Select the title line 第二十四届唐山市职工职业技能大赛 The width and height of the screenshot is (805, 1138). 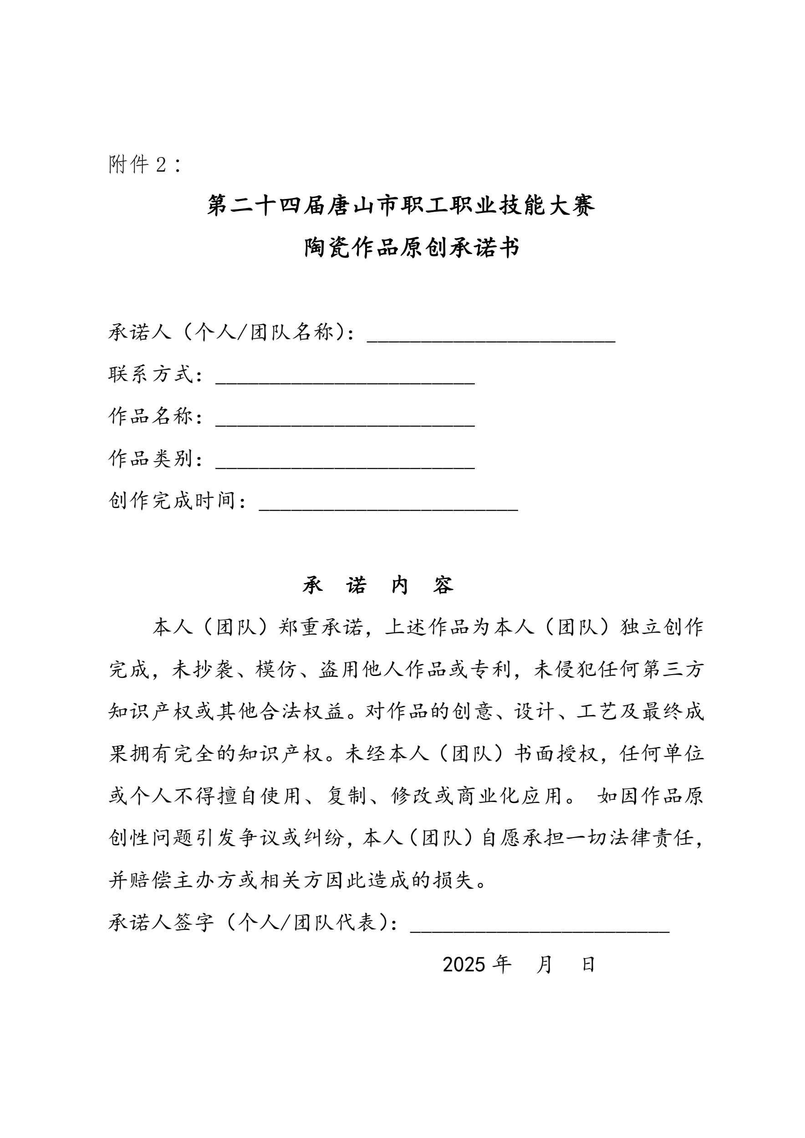(402, 205)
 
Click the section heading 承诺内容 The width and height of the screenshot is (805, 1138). (378, 585)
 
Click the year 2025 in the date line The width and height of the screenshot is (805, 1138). (464, 965)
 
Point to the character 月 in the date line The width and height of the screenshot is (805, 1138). (544, 965)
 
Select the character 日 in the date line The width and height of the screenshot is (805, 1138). (588, 965)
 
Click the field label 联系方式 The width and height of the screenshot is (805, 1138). (151, 374)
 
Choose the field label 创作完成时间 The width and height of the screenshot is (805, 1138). (172, 501)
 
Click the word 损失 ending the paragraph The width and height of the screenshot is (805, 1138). (454, 881)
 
